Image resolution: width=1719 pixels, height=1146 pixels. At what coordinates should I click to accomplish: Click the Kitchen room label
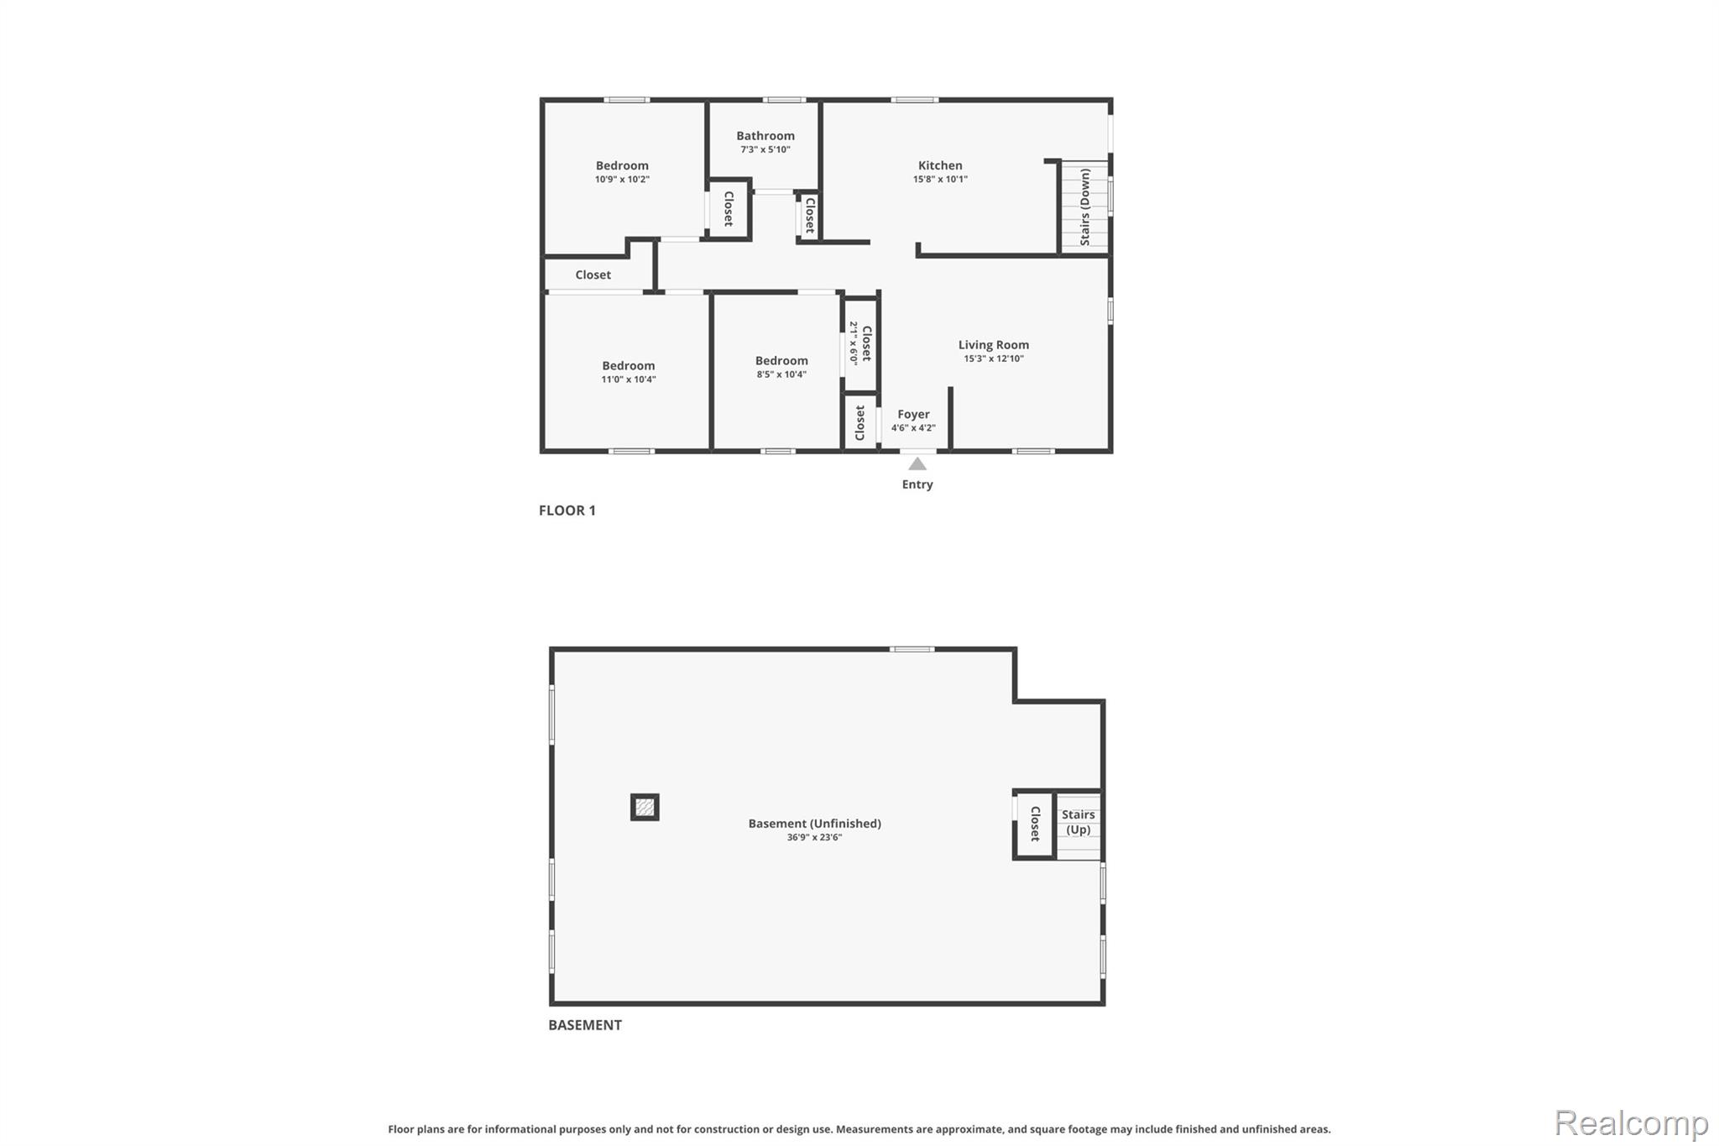(x=940, y=165)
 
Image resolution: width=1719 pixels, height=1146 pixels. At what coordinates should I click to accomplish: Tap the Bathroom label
(x=765, y=136)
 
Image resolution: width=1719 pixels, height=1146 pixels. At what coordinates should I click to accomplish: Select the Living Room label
(x=994, y=345)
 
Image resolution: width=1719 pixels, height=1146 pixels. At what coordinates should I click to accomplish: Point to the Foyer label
(x=913, y=415)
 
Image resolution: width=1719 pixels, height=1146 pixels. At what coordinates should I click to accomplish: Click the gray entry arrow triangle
(x=917, y=464)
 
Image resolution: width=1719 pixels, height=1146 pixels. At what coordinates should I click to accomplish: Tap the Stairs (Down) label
(x=1085, y=207)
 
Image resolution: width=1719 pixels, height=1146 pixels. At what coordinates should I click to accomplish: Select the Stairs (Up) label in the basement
(x=1079, y=822)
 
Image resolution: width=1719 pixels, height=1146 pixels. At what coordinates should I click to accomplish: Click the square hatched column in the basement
(x=645, y=808)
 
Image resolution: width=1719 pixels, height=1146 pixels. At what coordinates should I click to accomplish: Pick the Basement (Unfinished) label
(x=815, y=824)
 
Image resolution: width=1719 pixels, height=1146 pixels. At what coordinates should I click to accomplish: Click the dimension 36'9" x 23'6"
(x=814, y=838)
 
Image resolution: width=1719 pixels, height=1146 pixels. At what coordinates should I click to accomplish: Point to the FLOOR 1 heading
(x=567, y=510)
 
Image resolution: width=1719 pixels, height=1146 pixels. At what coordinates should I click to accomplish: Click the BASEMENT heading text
(x=585, y=1025)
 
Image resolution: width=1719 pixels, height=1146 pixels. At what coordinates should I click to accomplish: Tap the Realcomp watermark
(x=1632, y=1123)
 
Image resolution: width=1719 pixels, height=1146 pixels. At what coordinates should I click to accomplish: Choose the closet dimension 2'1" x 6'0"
(x=854, y=343)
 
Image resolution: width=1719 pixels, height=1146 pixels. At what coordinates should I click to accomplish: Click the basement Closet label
(x=1035, y=824)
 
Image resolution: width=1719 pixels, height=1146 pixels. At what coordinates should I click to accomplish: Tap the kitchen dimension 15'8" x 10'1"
(x=940, y=180)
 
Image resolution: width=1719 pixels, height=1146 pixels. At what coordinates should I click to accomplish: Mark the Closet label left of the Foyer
(x=859, y=423)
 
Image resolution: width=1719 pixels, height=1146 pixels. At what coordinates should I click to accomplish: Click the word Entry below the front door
(x=917, y=484)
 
